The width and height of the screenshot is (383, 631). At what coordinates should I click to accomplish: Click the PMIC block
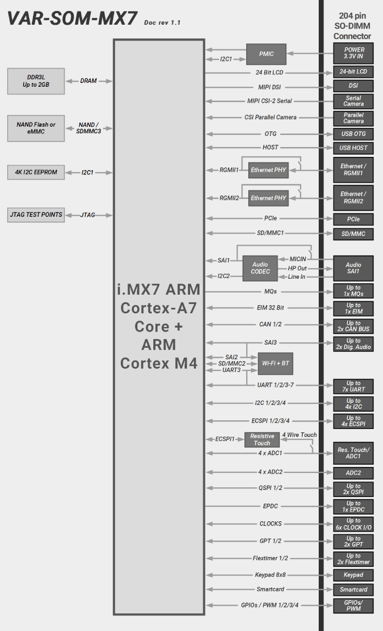pyautogui.click(x=266, y=54)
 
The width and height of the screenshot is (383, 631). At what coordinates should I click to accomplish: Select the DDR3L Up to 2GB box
pyautogui.click(x=36, y=81)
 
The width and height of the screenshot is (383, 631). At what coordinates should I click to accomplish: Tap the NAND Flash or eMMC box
pyautogui.click(x=36, y=128)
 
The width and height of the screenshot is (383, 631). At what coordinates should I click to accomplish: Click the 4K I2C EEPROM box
pyautogui.click(x=36, y=172)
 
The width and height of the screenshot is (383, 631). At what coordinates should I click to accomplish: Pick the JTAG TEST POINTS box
pyautogui.click(x=36, y=215)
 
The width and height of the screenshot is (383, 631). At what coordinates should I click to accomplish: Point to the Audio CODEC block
pyautogui.click(x=260, y=268)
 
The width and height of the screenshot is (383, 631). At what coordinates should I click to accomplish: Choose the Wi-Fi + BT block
pyautogui.click(x=276, y=363)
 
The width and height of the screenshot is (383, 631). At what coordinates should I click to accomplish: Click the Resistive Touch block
pyautogui.click(x=262, y=440)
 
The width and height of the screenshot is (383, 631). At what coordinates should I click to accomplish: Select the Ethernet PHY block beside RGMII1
pyautogui.click(x=269, y=170)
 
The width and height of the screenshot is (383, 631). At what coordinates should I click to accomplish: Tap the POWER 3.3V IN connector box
pyautogui.click(x=353, y=53)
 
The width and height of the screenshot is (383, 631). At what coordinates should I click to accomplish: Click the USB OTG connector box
pyautogui.click(x=353, y=134)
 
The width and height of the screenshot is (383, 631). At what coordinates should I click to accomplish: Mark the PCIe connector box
pyautogui.click(x=353, y=219)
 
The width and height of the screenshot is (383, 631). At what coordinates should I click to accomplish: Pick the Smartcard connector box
pyautogui.click(x=353, y=589)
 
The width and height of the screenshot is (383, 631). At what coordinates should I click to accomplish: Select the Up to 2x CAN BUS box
pyautogui.click(x=353, y=326)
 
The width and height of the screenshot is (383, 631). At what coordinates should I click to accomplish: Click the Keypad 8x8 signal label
pyautogui.click(x=270, y=574)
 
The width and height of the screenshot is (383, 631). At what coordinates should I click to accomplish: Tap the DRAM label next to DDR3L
pyautogui.click(x=88, y=81)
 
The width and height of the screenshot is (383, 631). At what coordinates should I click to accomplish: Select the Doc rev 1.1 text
pyautogui.click(x=162, y=22)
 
